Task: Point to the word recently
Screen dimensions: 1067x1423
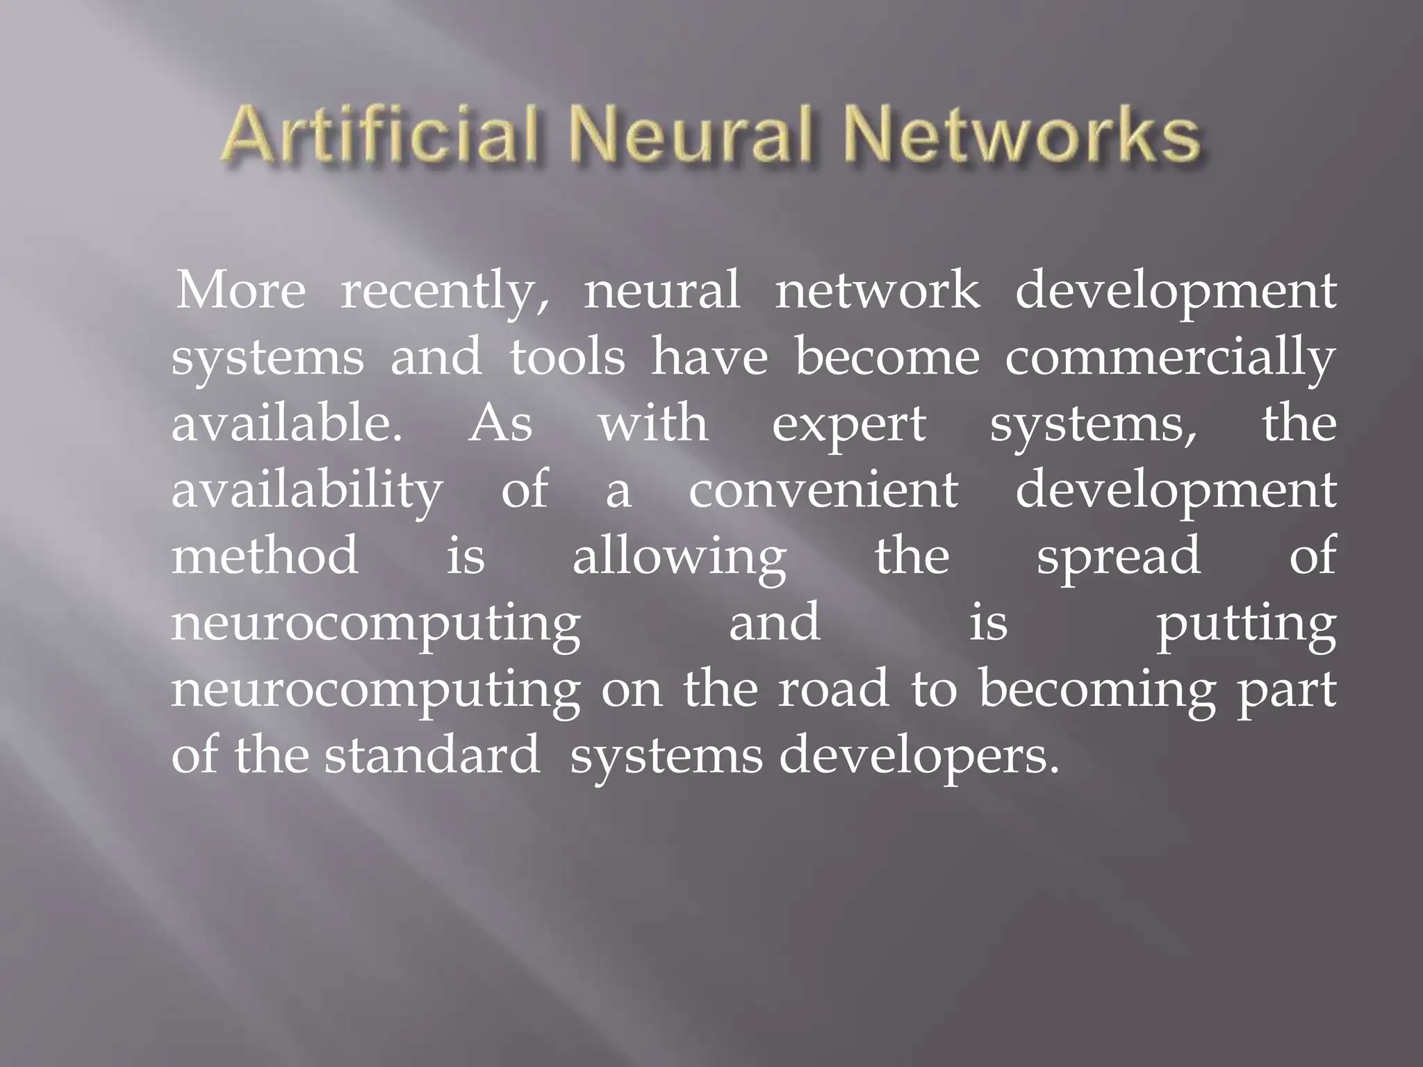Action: pyautogui.click(x=445, y=292)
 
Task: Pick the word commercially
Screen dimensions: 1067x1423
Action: pyautogui.click(x=1170, y=358)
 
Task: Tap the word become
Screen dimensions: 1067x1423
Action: pyautogui.click(x=887, y=357)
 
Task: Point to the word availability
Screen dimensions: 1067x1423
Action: pyautogui.click(x=306, y=490)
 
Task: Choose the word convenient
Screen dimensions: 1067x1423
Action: pyautogui.click(x=823, y=489)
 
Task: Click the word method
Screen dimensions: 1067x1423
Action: pyautogui.click(x=265, y=555)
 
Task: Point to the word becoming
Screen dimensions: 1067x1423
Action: pyautogui.click(x=1097, y=690)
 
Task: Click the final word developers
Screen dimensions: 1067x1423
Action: pyautogui.click(x=919, y=756)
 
